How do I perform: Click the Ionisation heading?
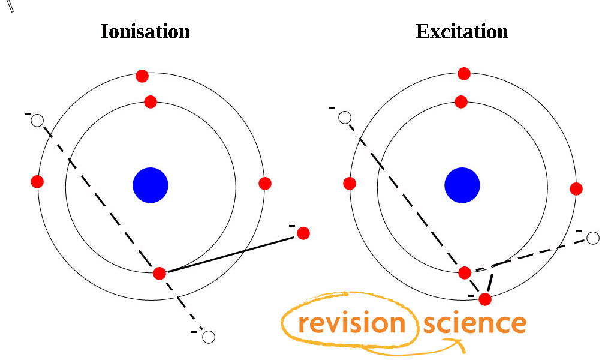[x=145, y=31]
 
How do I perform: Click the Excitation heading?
[x=462, y=31]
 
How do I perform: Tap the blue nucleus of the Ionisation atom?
[x=151, y=185]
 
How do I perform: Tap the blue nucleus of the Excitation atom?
[x=462, y=185]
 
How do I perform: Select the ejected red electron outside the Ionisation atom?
[x=303, y=233]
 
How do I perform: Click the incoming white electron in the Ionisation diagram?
[x=37, y=120]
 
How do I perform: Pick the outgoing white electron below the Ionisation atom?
[x=208, y=337]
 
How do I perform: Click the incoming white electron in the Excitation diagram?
[x=345, y=118]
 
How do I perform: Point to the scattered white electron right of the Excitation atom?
[x=593, y=238]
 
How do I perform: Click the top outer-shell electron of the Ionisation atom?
[x=142, y=76]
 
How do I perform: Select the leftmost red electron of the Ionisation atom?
[x=37, y=182]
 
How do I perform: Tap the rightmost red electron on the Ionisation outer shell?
[x=265, y=184]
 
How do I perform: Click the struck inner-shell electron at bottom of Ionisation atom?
[x=159, y=274]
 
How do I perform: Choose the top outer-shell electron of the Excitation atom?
[x=464, y=74]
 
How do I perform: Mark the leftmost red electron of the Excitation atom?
[x=350, y=184]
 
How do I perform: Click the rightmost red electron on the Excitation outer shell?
[x=576, y=189]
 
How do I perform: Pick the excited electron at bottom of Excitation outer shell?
[x=485, y=299]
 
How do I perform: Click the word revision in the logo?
[x=351, y=323]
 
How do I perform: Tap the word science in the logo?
[x=475, y=323]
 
